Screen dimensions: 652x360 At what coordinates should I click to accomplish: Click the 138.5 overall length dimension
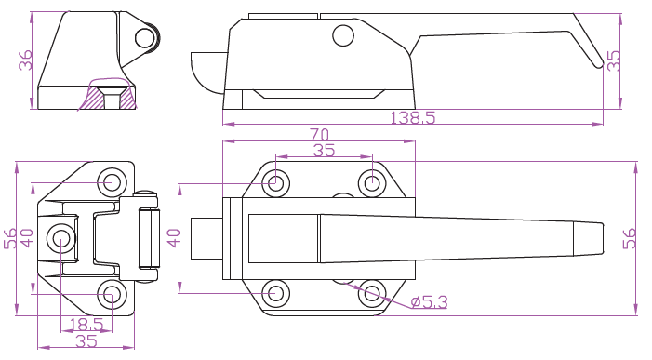pos(412,118)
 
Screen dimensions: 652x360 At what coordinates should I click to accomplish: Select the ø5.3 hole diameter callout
pos(429,302)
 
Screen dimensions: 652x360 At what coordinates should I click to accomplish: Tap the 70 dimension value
pos(319,135)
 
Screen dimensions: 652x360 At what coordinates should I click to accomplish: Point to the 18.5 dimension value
pos(86,325)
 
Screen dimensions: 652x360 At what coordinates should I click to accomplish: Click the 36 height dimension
pos(25,60)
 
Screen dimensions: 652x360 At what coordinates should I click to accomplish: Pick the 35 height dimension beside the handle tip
pos(614,61)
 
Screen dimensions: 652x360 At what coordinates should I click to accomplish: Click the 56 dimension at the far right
pos(630,238)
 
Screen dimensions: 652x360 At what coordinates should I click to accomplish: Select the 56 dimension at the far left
pos(10,238)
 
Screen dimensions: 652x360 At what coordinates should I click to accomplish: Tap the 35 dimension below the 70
pos(324,150)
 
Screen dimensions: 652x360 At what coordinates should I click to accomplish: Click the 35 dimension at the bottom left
pos(86,341)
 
